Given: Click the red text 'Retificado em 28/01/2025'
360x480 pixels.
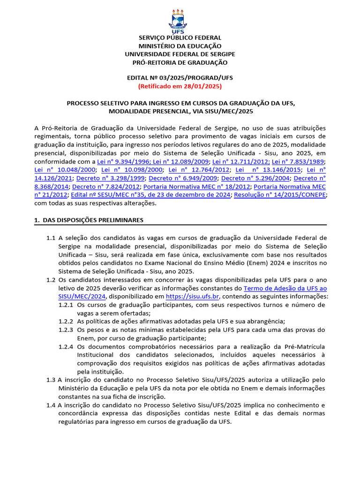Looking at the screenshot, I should [x=180, y=86].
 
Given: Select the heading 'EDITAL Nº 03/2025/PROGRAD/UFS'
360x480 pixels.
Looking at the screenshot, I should [x=180, y=78].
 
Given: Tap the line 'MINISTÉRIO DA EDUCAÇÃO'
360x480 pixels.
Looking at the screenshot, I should [x=180, y=46].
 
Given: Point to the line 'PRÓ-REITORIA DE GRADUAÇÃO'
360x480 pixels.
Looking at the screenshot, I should [x=180, y=62].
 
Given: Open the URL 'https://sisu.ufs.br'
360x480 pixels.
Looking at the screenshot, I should [x=193, y=297].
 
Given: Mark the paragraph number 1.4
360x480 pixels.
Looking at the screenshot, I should [x=51, y=405].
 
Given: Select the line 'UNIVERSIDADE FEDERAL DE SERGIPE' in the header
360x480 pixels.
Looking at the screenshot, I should [x=180, y=54].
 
